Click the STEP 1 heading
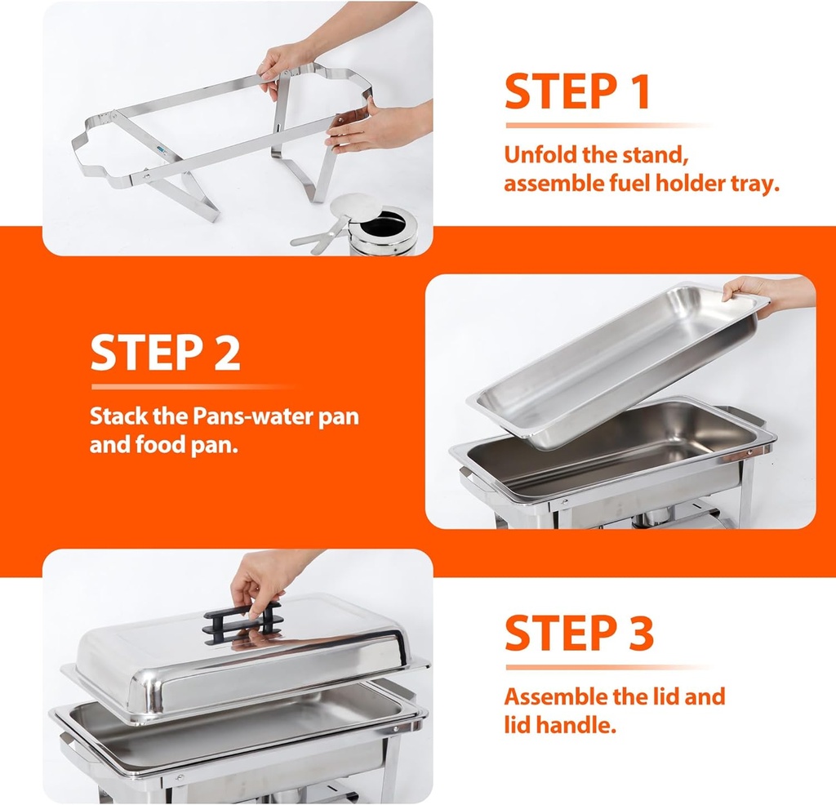(576, 91)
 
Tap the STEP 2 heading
(165, 352)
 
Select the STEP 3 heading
(579, 633)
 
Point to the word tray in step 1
(751, 184)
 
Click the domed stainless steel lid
(245, 661)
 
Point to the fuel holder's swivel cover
(357, 209)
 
